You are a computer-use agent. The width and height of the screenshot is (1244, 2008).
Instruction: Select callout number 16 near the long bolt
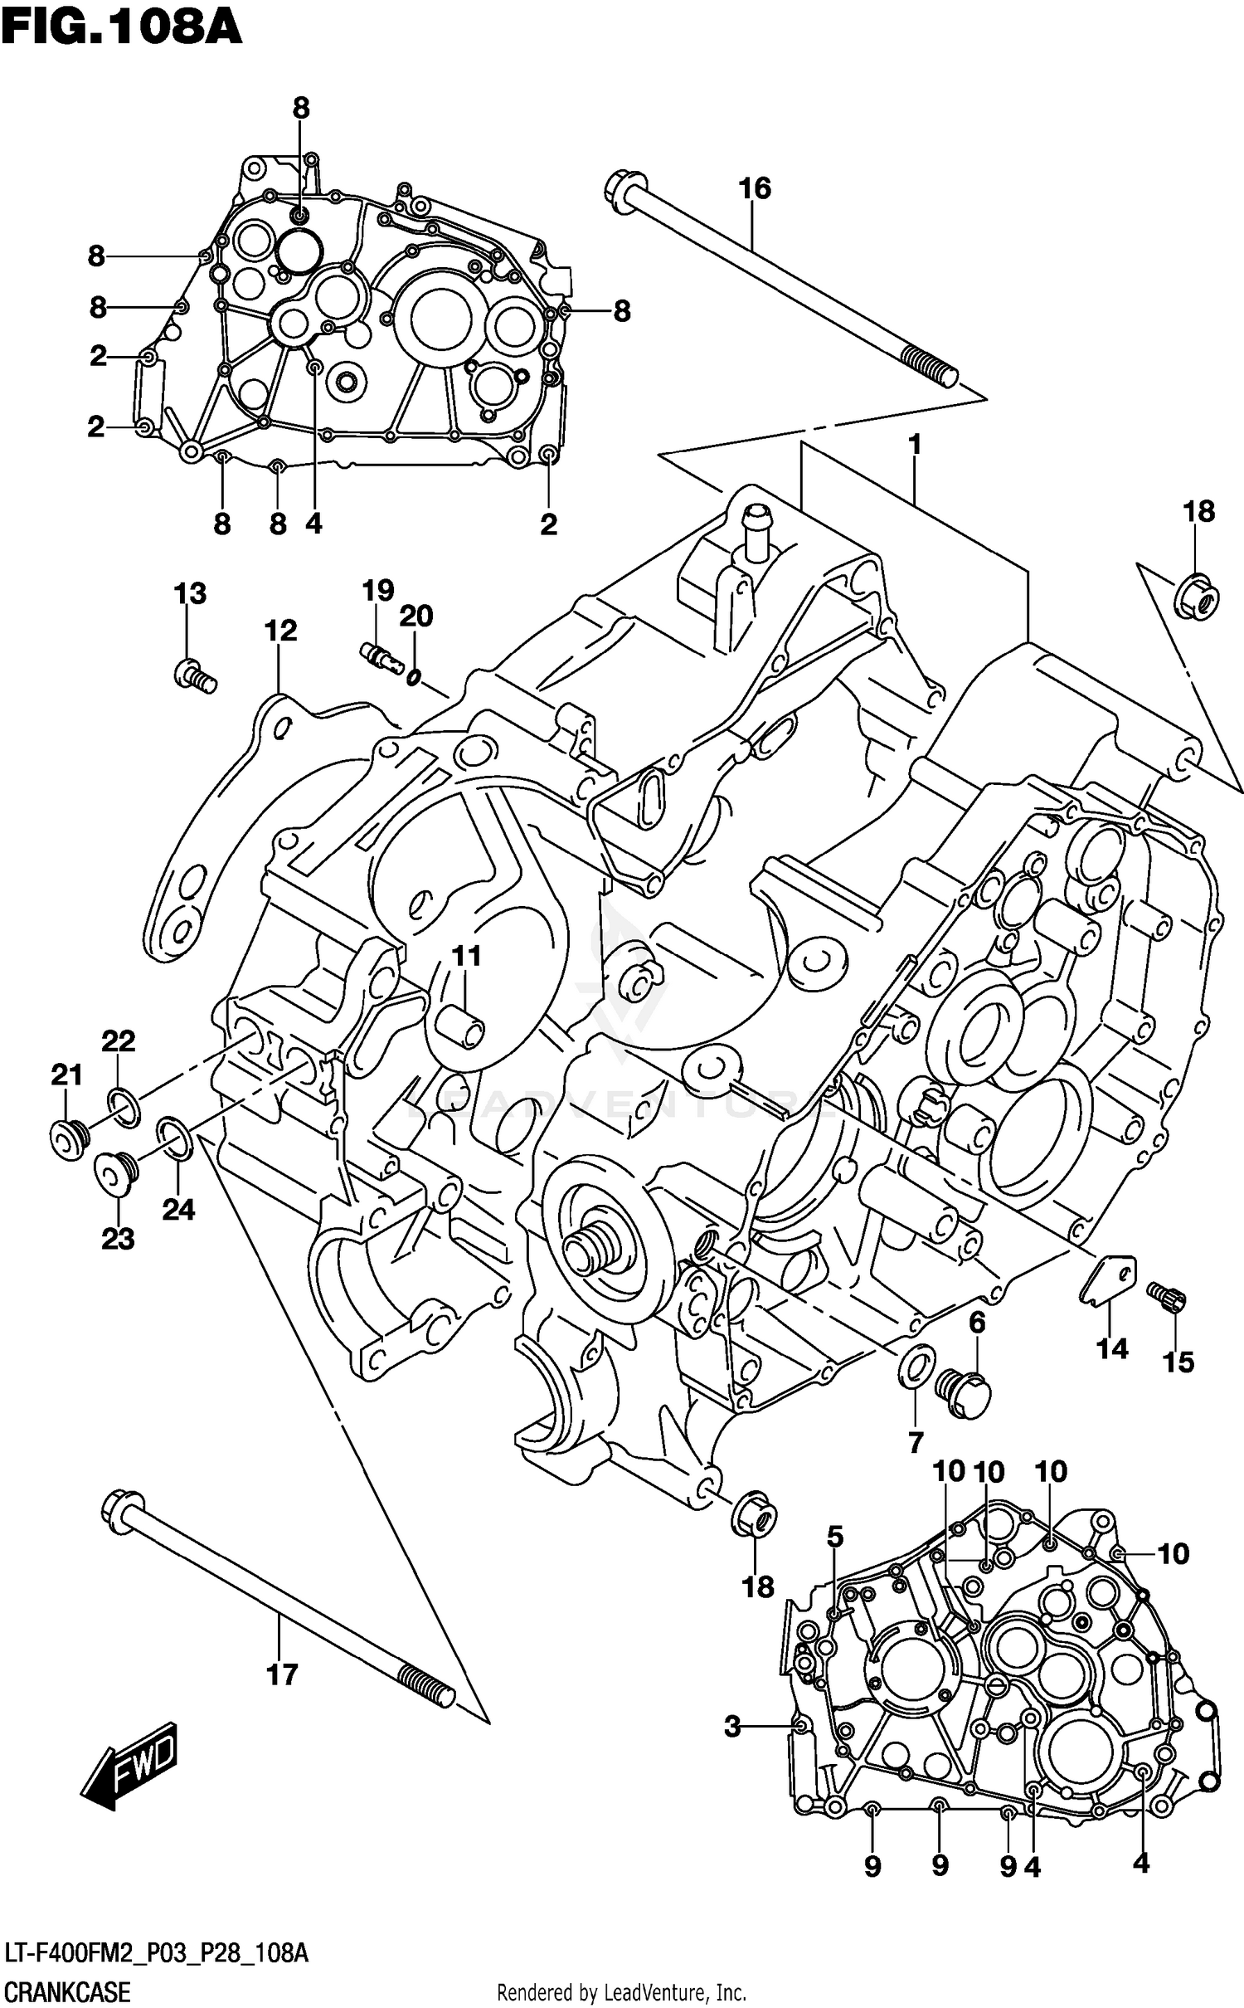coord(755,188)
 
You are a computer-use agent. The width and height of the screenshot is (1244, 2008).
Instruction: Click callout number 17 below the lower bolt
coord(282,1674)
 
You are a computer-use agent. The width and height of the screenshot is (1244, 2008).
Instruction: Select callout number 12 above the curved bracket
coord(280,631)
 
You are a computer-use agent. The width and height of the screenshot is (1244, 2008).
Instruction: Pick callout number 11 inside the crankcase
coord(466,956)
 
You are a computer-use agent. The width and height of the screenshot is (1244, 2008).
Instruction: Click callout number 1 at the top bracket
coord(915,445)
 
